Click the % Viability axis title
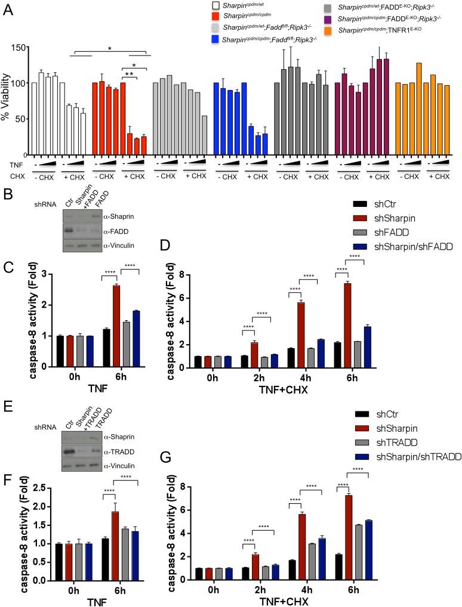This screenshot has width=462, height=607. pyautogui.click(x=7, y=100)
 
